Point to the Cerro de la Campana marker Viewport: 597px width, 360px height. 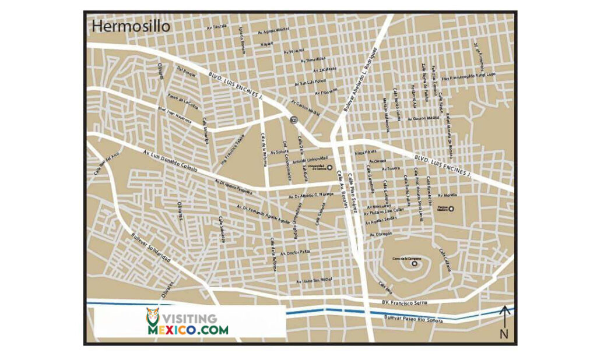pos(415,263)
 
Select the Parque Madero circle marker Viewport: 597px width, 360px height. pos(451,209)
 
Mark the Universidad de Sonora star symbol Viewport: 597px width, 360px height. pos(329,168)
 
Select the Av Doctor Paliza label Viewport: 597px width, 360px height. pos(295,252)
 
